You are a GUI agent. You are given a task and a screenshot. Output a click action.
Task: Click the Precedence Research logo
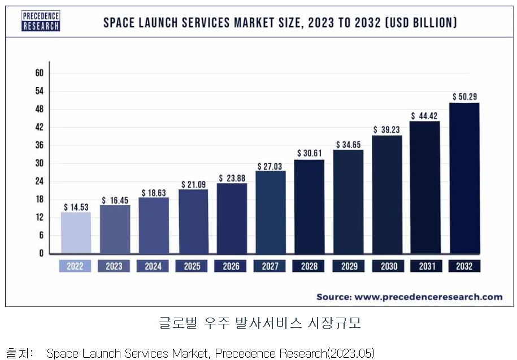coord(41,21)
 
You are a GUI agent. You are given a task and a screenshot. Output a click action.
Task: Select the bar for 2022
coord(76,232)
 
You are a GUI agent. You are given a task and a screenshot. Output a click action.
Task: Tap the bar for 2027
coord(271,212)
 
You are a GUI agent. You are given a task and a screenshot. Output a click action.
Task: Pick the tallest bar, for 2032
coord(464,178)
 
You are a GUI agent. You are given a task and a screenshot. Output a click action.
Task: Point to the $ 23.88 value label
coord(231,178)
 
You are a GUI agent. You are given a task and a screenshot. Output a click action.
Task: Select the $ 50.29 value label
coord(464,97)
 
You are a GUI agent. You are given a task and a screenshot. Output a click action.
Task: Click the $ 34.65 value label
coord(348,145)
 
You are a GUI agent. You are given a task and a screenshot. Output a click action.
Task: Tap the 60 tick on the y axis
coord(40,73)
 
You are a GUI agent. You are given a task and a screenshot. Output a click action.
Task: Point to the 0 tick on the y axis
coord(41,253)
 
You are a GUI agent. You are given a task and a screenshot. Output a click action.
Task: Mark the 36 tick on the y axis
coord(40,145)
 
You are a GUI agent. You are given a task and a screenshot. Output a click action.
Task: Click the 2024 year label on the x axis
coord(153,266)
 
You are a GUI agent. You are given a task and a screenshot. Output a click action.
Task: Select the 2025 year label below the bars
coord(192,266)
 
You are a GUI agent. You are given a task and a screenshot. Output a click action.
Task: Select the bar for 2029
coord(348,201)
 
